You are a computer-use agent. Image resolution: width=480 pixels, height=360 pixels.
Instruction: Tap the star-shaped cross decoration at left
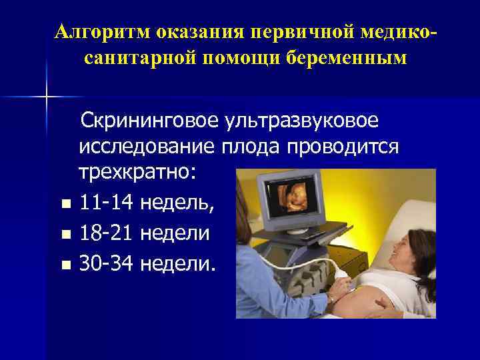point(47,97)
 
